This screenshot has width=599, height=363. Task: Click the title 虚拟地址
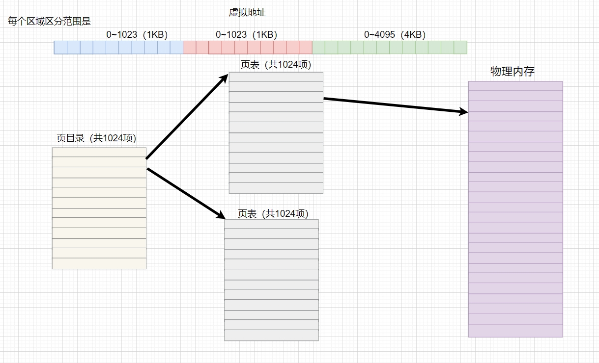pyautogui.click(x=247, y=13)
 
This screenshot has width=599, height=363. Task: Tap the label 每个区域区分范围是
pyautogui.click(x=50, y=22)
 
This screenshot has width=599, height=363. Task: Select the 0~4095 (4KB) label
pyautogui.click(x=395, y=35)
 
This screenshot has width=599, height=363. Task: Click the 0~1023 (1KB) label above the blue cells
pyautogui.click(x=137, y=35)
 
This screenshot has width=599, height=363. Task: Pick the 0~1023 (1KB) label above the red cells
pyautogui.click(x=246, y=35)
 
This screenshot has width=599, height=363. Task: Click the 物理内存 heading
pyautogui.click(x=513, y=72)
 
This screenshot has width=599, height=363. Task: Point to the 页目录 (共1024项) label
pyautogui.click(x=96, y=138)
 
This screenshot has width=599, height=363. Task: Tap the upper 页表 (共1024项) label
pyautogui.click(x=276, y=65)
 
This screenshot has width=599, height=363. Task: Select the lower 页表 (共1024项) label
pyautogui.click(x=273, y=213)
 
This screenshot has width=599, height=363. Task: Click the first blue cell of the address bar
pyautogui.click(x=60, y=47)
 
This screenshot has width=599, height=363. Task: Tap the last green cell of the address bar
pyautogui.click(x=460, y=47)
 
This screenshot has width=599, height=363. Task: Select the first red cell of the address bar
pyautogui.click(x=189, y=47)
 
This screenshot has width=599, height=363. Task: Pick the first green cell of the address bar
pyautogui.click(x=318, y=47)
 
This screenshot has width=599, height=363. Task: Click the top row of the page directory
pyautogui.click(x=99, y=152)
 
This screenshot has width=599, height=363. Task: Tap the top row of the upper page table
pyautogui.click(x=276, y=77)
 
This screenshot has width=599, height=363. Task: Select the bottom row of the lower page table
pyautogui.click(x=271, y=335)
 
